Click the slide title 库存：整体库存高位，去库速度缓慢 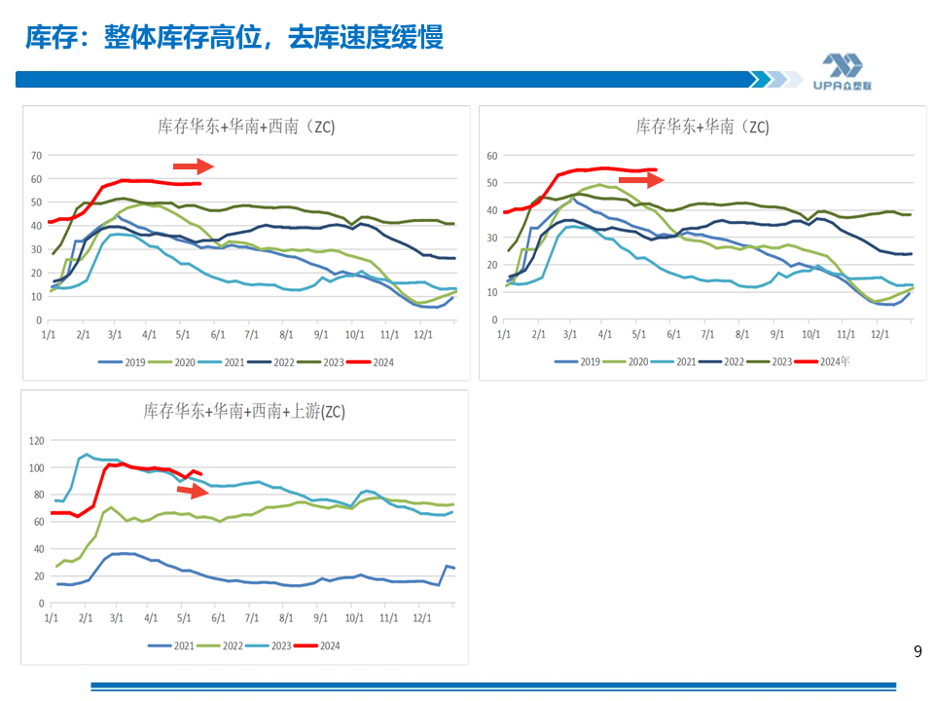click(233, 38)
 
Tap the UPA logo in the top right click(842, 71)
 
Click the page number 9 click(917, 652)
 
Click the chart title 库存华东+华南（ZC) click(702, 127)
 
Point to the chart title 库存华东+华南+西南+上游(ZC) click(244, 411)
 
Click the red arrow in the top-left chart click(193, 166)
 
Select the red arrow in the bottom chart click(193, 490)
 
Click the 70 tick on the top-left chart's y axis click(37, 155)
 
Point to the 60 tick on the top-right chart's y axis click(491, 156)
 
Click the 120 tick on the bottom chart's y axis click(37, 441)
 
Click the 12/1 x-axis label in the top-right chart click(880, 334)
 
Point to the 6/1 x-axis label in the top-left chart click(217, 334)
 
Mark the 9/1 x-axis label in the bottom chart click(320, 617)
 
